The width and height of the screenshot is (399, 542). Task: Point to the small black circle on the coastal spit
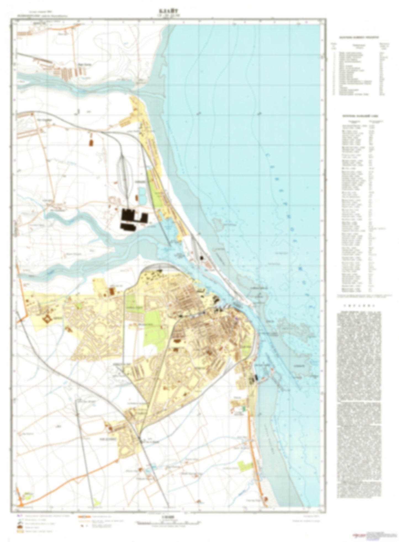click(x=201, y=258)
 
